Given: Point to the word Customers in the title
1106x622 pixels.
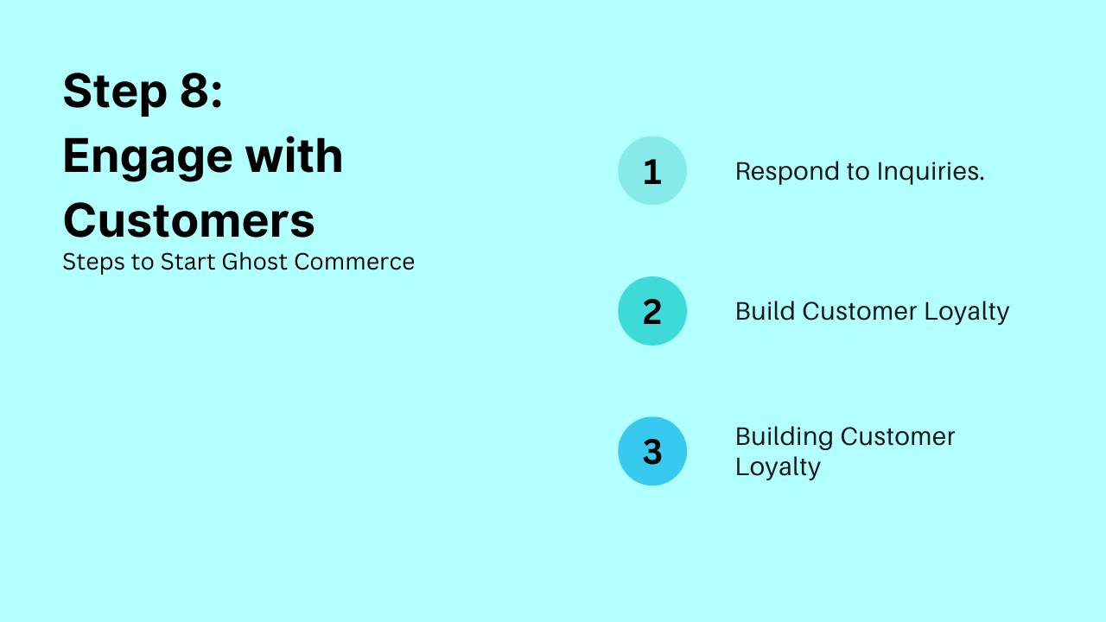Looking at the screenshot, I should coord(188,220).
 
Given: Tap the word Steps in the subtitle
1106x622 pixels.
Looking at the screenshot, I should coord(93,262).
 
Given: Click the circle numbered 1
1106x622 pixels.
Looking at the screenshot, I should coord(652,171).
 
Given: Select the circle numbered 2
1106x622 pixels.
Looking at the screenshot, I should coord(652,311).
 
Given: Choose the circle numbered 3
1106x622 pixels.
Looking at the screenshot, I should coord(652,451).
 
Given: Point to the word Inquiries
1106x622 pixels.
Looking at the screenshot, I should coord(931,172).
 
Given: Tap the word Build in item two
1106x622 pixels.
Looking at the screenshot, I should coord(765,311).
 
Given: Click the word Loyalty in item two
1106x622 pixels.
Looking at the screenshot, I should coord(967,312).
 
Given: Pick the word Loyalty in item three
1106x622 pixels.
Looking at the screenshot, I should coord(778,467).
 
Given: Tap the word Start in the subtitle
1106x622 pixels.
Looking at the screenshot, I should coord(188,262).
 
